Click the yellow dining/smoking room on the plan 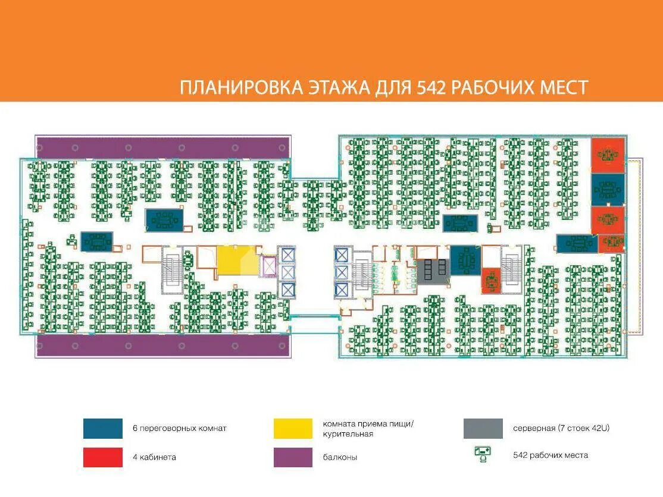click(x=236, y=261)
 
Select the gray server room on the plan click(x=433, y=271)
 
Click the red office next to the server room click(x=491, y=281)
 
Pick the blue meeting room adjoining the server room click(x=465, y=260)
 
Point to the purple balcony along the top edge click(x=163, y=147)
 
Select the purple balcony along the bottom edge click(x=163, y=346)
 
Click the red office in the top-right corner click(x=608, y=155)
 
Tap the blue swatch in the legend click(x=103, y=429)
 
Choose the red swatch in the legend click(x=103, y=457)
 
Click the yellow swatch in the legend click(x=293, y=429)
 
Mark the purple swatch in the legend click(x=293, y=457)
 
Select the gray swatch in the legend click(x=483, y=429)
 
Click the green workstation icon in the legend click(x=483, y=454)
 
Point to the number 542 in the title click(x=432, y=88)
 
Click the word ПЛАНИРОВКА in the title click(x=242, y=88)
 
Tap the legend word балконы click(x=340, y=457)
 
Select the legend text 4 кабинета click(x=154, y=457)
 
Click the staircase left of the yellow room click(x=172, y=270)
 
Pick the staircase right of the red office click(x=512, y=270)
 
